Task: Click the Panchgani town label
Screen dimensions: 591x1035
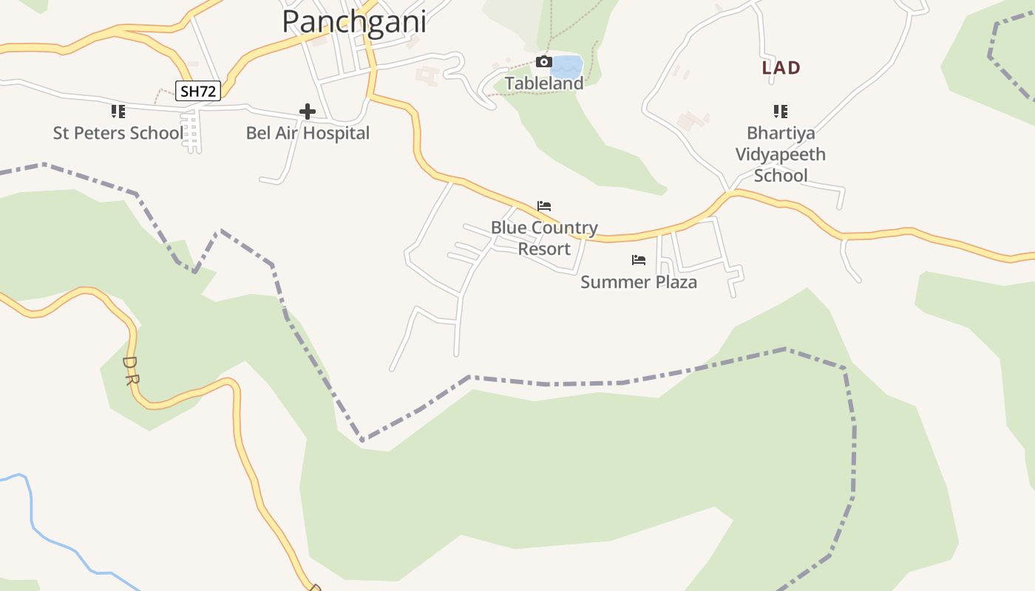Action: pos(354,21)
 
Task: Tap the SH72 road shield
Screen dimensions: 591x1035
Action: pos(198,91)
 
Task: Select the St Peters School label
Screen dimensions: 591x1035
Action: pos(118,133)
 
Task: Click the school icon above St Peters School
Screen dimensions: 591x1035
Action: pos(118,112)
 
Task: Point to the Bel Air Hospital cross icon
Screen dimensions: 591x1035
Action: pos(308,112)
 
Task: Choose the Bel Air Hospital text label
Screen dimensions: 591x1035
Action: pos(308,133)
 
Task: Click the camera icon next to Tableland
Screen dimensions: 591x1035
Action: pos(543,62)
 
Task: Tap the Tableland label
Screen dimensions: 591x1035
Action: pos(544,83)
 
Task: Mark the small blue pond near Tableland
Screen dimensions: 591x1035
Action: pos(567,66)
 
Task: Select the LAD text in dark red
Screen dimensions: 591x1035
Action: pos(781,68)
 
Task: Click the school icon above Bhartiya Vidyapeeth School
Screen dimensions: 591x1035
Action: pos(780,112)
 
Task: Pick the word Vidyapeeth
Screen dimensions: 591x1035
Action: pos(780,154)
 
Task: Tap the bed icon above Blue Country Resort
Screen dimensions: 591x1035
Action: pos(544,206)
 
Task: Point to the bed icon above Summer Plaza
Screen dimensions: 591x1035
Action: pos(639,260)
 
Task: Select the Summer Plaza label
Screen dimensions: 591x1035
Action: pos(639,281)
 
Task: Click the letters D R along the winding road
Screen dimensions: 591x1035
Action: pos(131,371)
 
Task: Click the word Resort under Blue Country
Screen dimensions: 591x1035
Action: pos(544,248)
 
